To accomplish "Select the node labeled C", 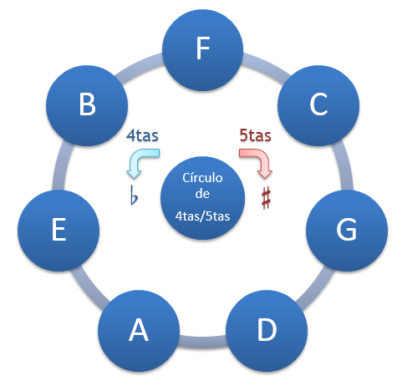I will (318, 104).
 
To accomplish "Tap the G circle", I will (346, 230).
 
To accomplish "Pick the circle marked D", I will (266, 331).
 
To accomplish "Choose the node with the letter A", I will (138, 331).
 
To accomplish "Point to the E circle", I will (58, 230).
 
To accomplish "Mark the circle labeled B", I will (86, 104).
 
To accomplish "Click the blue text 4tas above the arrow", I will (142, 134).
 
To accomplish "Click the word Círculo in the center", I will (201, 177).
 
